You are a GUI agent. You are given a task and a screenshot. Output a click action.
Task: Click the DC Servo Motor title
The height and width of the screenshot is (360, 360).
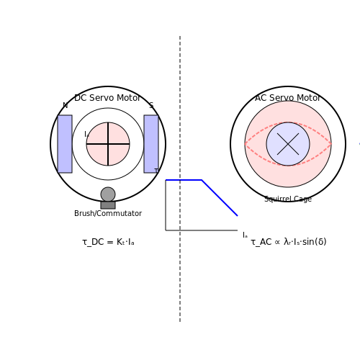pyautogui.click(x=107, y=98)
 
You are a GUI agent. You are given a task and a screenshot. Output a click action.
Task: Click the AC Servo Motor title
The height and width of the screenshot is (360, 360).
pyautogui.click(x=287, y=98)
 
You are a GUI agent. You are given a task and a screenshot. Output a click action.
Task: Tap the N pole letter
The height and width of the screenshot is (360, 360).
pyautogui.click(x=65, y=105)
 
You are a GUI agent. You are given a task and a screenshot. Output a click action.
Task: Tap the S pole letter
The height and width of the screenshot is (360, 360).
pyautogui.click(x=151, y=105)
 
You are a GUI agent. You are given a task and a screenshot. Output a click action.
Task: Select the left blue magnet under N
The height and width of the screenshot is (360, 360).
pyautogui.click(x=65, y=144)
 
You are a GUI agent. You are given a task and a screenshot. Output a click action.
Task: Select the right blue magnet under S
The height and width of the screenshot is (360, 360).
pyautogui.click(x=151, y=144)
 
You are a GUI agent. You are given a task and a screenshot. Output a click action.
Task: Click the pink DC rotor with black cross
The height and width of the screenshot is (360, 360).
pyautogui.click(x=108, y=144)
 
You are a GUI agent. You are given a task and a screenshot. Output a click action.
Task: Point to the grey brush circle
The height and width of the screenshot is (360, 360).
pyautogui.click(x=108, y=194)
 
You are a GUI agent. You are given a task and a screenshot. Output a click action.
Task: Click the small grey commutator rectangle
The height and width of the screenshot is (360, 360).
pyautogui.click(x=108, y=205)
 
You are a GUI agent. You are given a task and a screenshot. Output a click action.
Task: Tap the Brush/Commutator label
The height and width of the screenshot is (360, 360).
pyautogui.click(x=108, y=213)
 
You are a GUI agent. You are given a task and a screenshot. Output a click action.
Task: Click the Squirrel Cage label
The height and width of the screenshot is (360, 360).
pyautogui.click(x=288, y=199)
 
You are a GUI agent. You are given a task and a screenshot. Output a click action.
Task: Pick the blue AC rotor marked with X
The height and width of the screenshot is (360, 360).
pyautogui.click(x=288, y=144)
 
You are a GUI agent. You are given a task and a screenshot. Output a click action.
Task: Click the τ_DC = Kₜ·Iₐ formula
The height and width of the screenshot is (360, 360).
pyautogui.click(x=108, y=242)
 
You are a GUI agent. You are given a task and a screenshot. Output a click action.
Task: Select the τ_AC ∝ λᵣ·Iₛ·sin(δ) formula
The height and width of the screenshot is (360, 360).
pyautogui.click(x=289, y=242)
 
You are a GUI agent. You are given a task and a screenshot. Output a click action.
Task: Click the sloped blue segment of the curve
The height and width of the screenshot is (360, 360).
pyautogui.click(x=220, y=198)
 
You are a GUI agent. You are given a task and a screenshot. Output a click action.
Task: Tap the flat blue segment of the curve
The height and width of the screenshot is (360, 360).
pyautogui.click(x=184, y=180)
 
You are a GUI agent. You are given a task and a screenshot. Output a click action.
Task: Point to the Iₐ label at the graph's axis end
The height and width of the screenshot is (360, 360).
pyautogui.click(x=245, y=235)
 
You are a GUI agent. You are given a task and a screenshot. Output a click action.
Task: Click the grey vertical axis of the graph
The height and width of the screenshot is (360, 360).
pyautogui.click(x=166, y=205)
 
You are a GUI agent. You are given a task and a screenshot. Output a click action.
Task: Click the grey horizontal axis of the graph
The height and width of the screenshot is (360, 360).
pyautogui.click(x=202, y=230)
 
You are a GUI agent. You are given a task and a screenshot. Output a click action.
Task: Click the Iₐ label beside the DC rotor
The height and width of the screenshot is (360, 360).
pyautogui.click(x=86, y=134)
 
